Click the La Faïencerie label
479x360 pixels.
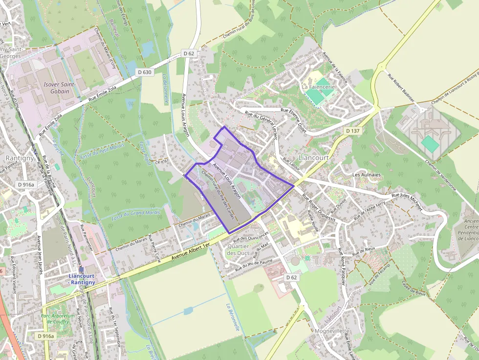tap(318, 87)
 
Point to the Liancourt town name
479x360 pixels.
tap(314, 158)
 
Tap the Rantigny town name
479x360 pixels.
tap(19, 158)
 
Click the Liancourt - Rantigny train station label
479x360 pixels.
tap(82, 279)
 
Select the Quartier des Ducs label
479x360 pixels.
tap(239, 250)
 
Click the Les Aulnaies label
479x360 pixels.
tap(366, 174)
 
